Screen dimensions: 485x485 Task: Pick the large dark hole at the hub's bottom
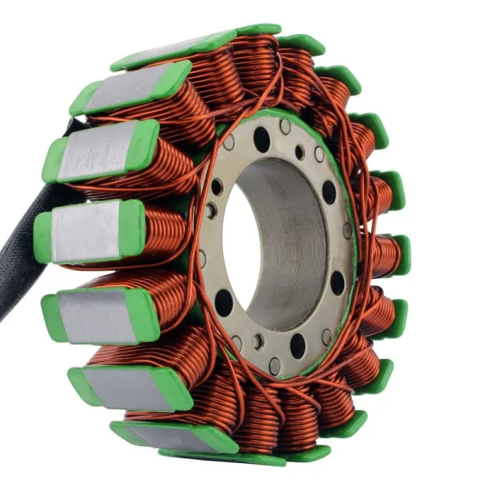297,346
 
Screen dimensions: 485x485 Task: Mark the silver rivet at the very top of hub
285,127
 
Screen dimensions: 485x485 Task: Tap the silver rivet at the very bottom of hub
275,365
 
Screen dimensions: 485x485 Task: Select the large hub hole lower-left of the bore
224,302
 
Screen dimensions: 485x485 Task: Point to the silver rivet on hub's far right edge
348,230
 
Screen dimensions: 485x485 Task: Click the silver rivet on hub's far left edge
202,259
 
